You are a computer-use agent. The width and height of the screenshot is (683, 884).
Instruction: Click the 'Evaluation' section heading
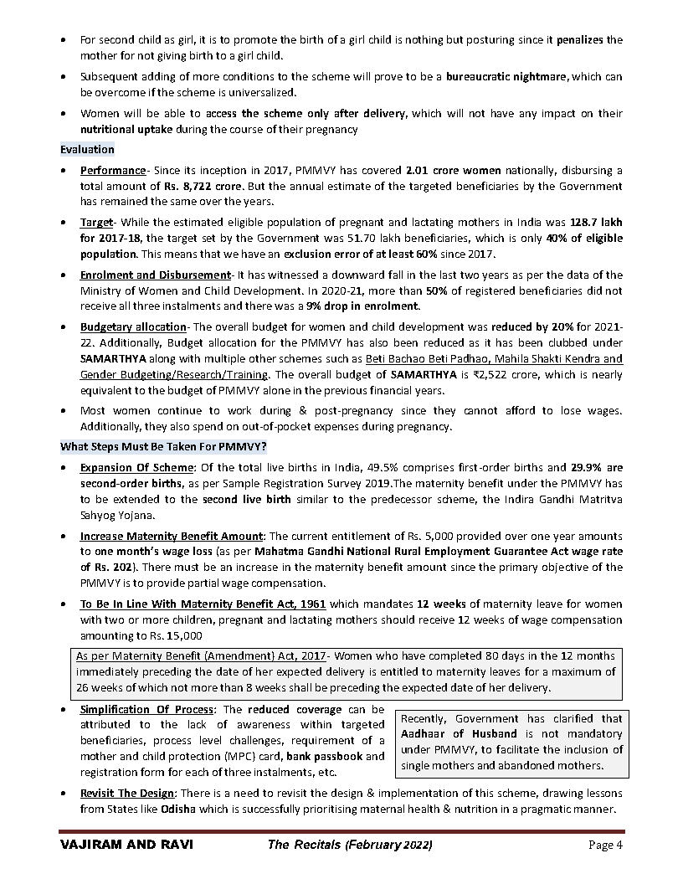(x=87, y=149)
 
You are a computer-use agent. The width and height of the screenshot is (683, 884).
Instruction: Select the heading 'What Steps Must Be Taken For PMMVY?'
(x=163, y=446)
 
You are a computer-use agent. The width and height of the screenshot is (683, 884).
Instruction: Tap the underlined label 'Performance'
(x=113, y=170)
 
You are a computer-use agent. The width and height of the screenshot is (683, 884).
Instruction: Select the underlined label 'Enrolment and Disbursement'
(x=155, y=275)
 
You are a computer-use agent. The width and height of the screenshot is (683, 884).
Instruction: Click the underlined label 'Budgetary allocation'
(x=133, y=326)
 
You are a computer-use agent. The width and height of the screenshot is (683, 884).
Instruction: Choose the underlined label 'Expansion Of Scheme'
(x=137, y=467)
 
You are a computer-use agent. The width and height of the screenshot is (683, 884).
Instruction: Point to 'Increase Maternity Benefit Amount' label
(x=172, y=536)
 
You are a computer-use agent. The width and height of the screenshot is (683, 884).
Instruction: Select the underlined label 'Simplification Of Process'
(x=146, y=709)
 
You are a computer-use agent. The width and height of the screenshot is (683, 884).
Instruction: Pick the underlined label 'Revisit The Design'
(x=127, y=793)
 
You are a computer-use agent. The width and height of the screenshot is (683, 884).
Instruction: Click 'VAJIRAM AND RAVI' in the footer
(x=126, y=845)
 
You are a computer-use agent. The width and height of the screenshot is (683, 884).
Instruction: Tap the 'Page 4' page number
(x=604, y=845)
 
